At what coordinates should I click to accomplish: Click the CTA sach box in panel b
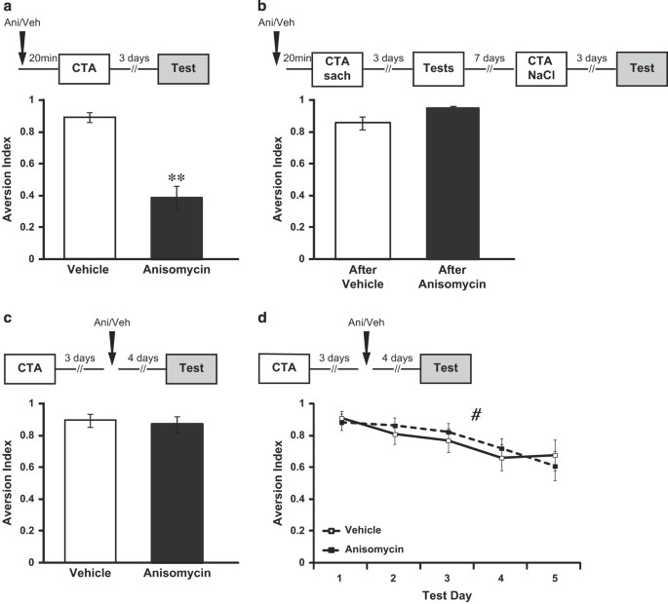coord(336,71)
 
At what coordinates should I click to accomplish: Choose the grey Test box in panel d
coord(445,371)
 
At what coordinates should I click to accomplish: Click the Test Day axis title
coord(446,593)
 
